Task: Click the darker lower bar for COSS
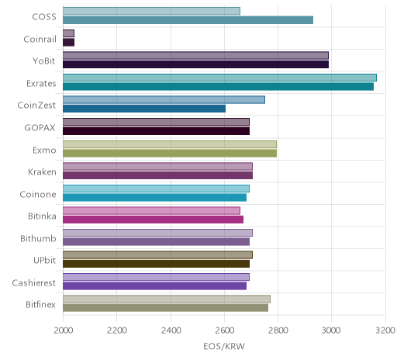(188, 20)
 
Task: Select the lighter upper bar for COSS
(151, 11)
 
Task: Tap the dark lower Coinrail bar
(68, 43)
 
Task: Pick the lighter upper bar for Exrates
(219, 78)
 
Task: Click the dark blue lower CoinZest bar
(144, 109)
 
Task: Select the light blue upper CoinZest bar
(164, 100)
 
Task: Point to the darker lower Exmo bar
(170, 153)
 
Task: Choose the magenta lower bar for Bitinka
(153, 220)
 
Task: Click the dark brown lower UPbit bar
(156, 264)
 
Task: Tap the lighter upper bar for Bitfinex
(167, 299)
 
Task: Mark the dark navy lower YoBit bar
(195, 64)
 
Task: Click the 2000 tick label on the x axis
(63, 331)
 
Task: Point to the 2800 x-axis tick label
(278, 331)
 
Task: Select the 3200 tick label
(385, 331)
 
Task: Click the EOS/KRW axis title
(224, 346)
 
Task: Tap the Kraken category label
(42, 172)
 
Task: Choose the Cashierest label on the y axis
(34, 282)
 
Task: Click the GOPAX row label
(40, 128)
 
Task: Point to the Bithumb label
(38, 238)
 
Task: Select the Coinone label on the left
(38, 194)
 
